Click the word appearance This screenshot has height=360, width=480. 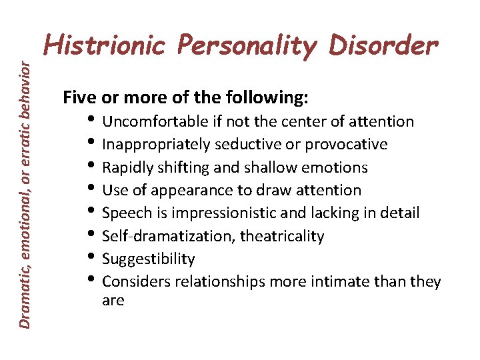coord(180,191)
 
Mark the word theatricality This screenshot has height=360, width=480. coord(282,236)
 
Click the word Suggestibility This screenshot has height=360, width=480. coord(149,259)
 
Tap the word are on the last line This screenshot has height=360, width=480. coord(113,301)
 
